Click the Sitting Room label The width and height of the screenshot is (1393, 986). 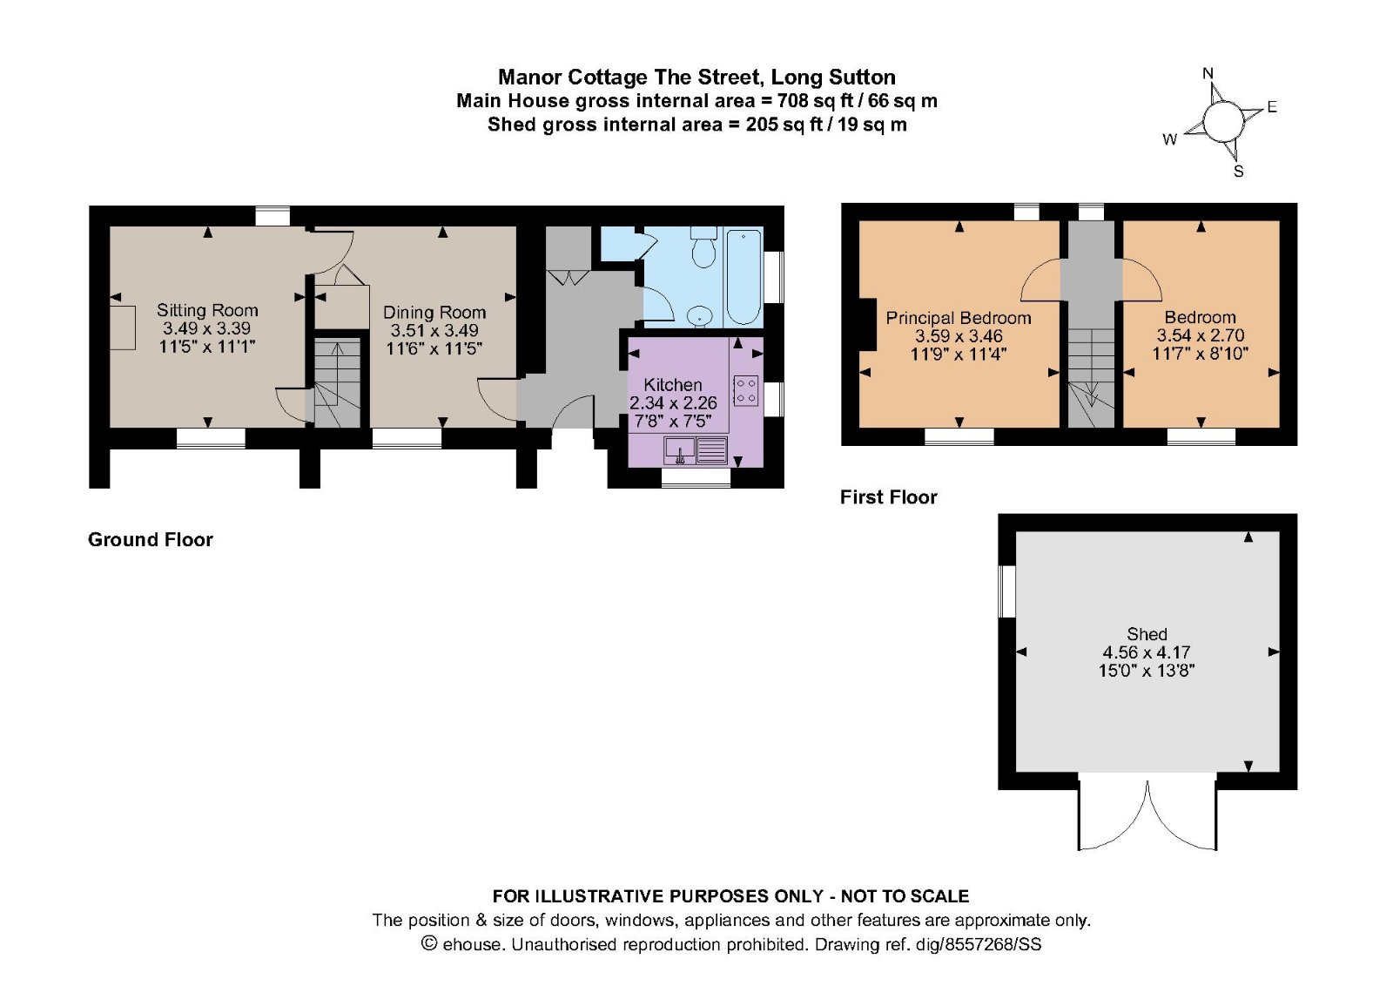pyautogui.click(x=207, y=310)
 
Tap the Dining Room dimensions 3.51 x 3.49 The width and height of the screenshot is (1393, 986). pyautogui.click(x=434, y=330)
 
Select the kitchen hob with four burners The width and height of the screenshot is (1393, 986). pyautogui.click(x=745, y=390)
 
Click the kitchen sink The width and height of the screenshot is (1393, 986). pyautogui.click(x=680, y=450)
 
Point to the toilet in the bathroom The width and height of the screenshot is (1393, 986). pyautogui.click(x=703, y=249)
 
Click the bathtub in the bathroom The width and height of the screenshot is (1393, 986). pyautogui.click(x=744, y=276)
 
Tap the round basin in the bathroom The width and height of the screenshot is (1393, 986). pyautogui.click(x=699, y=315)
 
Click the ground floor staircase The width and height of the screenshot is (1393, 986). pyautogui.click(x=337, y=383)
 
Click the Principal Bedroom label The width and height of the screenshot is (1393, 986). pyautogui.click(x=958, y=318)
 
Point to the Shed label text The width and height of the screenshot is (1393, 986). pyautogui.click(x=1147, y=634)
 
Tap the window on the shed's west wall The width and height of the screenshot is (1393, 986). pyautogui.click(x=1007, y=591)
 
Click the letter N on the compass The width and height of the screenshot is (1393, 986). pyautogui.click(x=1208, y=74)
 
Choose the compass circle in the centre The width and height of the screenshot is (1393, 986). pyautogui.click(x=1223, y=121)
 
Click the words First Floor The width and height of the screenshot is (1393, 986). pyautogui.click(x=888, y=497)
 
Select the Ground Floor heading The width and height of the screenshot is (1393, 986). pyautogui.click(x=151, y=540)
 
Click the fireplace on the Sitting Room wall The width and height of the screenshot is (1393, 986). pyautogui.click(x=122, y=328)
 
